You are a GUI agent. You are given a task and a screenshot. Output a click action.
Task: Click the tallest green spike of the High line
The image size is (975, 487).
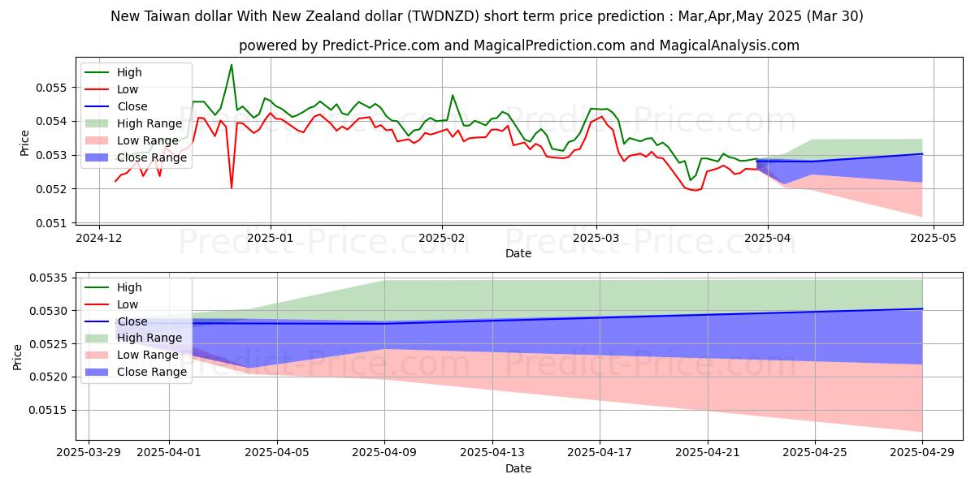[232, 65]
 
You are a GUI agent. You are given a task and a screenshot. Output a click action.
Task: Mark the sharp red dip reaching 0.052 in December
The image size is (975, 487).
[232, 187]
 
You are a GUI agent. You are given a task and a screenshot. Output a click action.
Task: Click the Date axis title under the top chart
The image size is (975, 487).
[518, 253]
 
